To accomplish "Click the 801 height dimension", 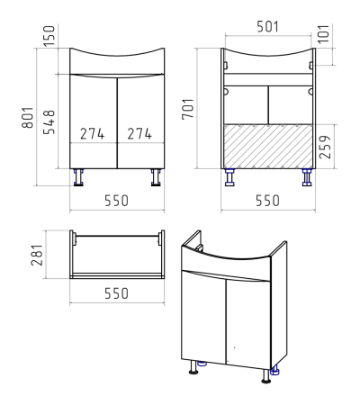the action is [28, 117].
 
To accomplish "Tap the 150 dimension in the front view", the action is [49, 36].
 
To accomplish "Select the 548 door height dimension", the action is [49, 121].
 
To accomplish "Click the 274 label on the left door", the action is [93, 134].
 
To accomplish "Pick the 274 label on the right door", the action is [139, 134].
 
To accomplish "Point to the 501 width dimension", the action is [268, 27].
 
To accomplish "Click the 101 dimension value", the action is [324, 33].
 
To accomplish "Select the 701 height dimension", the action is [188, 109].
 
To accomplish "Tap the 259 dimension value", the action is [325, 147].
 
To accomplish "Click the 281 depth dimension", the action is [38, 255].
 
